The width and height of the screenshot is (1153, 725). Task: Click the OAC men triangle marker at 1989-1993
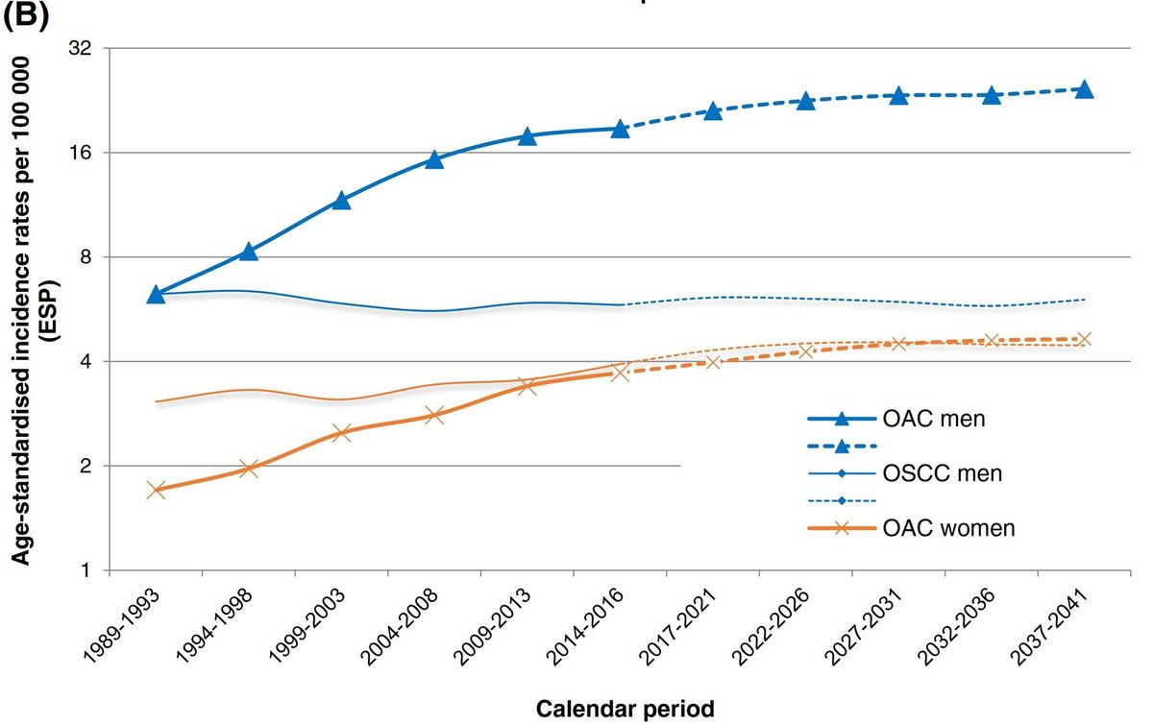(157, 294)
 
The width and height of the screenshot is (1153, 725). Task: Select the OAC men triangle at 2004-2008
(434, 159)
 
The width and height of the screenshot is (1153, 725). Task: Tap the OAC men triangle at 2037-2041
(1083, 89)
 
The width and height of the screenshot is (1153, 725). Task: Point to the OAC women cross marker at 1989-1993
(157, 490)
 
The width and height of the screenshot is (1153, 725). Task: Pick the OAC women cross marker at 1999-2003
(341, 432)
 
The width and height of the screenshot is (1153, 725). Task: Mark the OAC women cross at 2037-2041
(1083, 339)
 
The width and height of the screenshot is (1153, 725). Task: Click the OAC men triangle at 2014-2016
(620, 129)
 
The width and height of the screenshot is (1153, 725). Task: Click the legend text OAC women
(948, 528)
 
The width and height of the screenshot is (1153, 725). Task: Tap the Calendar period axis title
(625, 710)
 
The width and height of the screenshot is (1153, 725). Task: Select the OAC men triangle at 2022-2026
(805, 101)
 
